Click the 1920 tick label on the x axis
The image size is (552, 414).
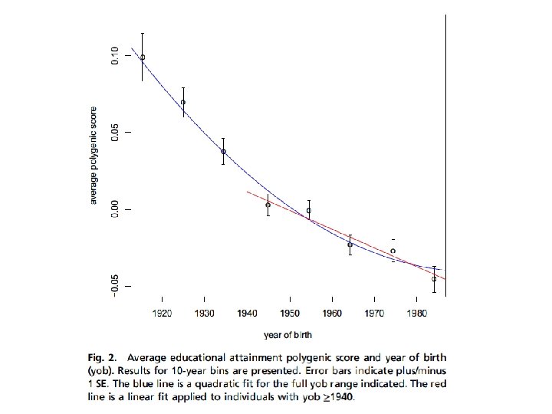[162, 313]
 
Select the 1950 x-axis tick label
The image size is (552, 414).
[290, 313]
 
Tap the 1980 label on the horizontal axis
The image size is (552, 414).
[417, 313]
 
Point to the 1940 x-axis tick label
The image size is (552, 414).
[247, 313]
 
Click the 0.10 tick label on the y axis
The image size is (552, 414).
[115, 56]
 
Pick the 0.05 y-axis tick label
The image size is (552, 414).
[115, 133]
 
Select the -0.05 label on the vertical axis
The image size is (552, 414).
[115, 286]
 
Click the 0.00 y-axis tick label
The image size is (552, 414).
[115, 209]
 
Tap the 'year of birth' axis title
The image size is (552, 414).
[287, 335]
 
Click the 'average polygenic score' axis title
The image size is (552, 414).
[94, 155]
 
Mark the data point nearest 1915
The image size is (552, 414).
[143, 58]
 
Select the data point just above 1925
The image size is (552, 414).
[183, 103]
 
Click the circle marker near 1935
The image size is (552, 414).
[224, 152]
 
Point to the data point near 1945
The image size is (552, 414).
[268, 205]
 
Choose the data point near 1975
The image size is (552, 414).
[393, 251]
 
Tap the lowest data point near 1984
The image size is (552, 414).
[434, 279]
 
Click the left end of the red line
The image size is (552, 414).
[247, 192]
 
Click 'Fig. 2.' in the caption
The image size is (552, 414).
[102, 358]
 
